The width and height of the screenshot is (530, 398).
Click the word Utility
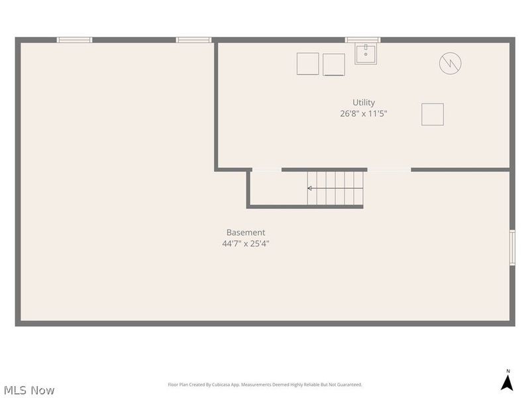(363, 102)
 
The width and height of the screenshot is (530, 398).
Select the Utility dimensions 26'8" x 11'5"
(363, 113)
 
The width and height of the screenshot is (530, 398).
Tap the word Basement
(245, 232)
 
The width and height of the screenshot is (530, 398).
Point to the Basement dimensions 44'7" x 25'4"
(245, 243)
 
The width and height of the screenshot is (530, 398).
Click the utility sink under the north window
(366, 54)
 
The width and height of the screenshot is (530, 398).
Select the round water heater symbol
(450, 64)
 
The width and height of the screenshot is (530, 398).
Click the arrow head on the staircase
(310, 188)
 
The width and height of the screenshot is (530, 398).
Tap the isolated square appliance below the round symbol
(433, 114)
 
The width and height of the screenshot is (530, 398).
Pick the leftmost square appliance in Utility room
(308, 64)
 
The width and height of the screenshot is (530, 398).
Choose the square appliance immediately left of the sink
(334, 64)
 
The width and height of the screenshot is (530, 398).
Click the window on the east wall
(511, 247)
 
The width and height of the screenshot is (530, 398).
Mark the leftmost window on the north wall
(74, 40)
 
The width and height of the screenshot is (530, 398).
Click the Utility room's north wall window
(363, 40)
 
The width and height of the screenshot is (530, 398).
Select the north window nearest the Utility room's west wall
(193, 40)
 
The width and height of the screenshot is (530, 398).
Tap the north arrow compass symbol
(507, 383)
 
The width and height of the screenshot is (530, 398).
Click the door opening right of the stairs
(389, 170)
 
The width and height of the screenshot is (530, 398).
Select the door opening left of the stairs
(266, 170)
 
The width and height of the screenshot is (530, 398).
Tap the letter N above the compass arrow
(508, 371)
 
